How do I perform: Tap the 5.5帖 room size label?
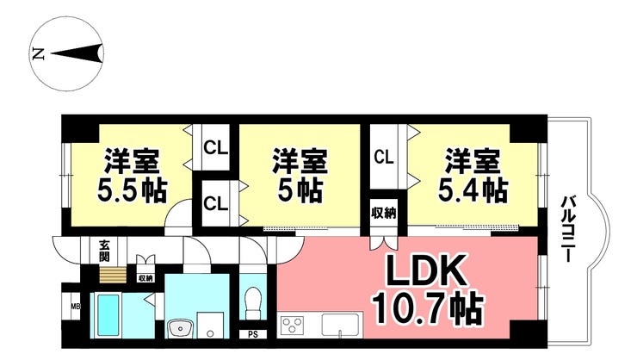point(132,190)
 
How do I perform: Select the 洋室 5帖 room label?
point(300,175)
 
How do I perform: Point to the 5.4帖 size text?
point(473,190)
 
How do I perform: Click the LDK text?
point(425,271)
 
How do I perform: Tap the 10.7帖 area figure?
point(429,308)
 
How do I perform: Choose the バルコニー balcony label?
point(566,229)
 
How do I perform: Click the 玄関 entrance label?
point(104,251)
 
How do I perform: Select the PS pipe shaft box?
point(253,335)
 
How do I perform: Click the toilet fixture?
point(253,303)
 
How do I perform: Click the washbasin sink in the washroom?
point(181,328)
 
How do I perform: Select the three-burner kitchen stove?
point(292,325)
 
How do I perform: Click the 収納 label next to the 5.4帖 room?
point(384,213)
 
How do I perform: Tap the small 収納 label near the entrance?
point(145,278)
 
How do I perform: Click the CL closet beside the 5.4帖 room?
point(384,157)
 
